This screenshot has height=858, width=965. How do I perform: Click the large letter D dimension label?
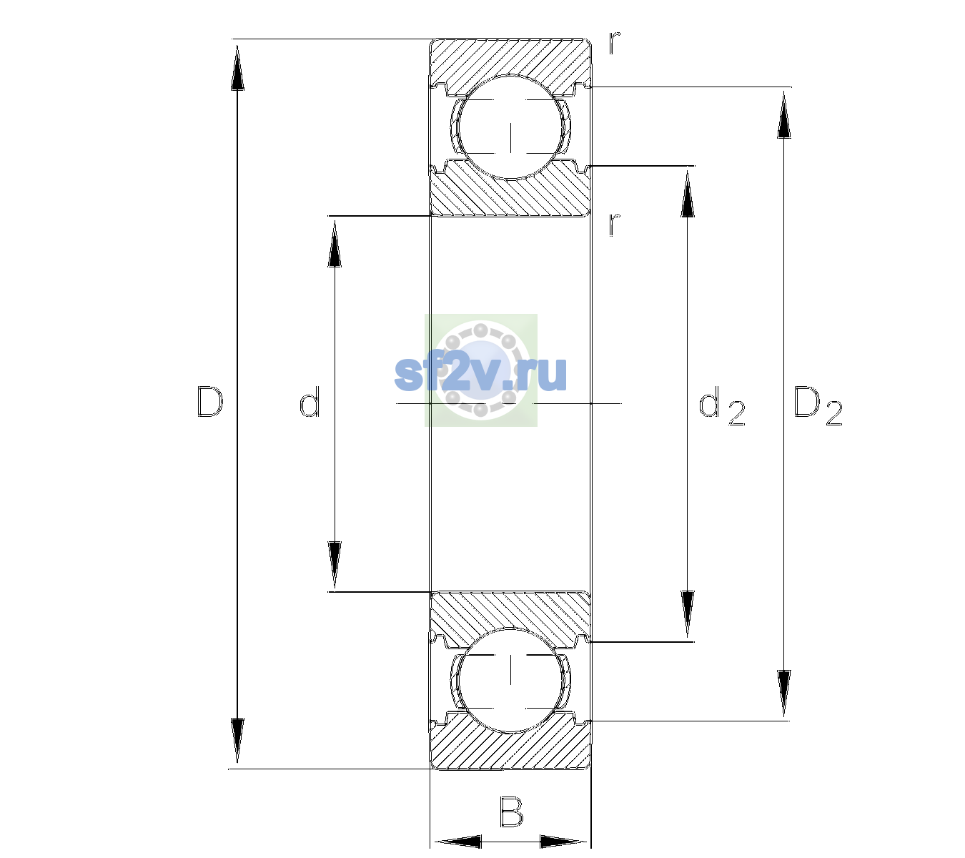point(209,402)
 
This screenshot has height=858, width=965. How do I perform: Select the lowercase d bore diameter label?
point(310,402)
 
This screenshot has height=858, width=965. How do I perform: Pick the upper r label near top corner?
point(615,43)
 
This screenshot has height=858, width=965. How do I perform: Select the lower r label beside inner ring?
point(615,225)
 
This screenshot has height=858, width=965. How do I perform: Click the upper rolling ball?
point(510,127)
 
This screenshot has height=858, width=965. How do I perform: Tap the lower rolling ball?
point(510,679)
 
